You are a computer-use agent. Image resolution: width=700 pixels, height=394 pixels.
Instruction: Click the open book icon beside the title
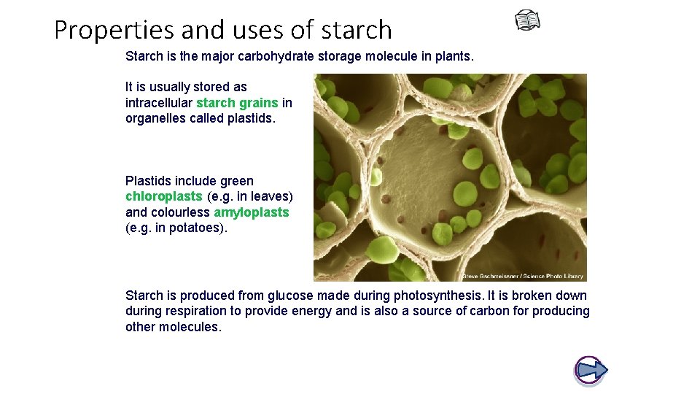pyautogui.click(x=527, y=21)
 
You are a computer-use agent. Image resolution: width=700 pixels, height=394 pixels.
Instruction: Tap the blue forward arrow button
pyautogui.click(x=591, y=370)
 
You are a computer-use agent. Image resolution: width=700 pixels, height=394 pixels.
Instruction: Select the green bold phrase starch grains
pyautogui.click(x=237, y=103)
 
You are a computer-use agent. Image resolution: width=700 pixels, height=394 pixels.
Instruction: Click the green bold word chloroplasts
pyautogui.click(x=164, y=196)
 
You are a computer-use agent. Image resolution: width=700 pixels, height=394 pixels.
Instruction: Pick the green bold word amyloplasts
pyautogui.click(x=252, y=212)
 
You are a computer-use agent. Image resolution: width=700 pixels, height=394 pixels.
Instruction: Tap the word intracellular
pyautogui.click(x=159, y=103)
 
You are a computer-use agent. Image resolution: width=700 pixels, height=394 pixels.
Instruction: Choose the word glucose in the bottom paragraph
pyautogui.click(x=290, y=295)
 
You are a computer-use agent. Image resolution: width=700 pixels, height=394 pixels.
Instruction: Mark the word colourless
pyautogui.click(x=180, y=212)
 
